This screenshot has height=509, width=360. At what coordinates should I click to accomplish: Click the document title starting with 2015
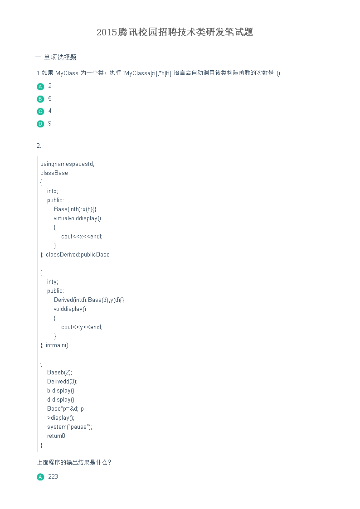175,32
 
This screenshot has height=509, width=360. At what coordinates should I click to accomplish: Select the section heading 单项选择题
60,58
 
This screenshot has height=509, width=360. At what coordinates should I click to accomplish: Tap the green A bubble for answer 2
40,87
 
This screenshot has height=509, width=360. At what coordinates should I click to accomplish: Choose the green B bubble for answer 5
40,99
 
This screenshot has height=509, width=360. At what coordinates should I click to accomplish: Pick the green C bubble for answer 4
40,111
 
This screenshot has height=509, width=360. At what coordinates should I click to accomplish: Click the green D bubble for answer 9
40,124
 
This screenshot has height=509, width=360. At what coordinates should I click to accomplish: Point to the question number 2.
39,146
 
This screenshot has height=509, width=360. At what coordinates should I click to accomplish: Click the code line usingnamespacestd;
67,164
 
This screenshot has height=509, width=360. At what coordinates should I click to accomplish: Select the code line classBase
54,173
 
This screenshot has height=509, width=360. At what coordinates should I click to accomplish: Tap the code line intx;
53,191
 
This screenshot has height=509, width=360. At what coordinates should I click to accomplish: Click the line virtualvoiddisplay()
77,218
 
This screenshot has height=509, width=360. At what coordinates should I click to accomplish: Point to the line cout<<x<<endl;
82,237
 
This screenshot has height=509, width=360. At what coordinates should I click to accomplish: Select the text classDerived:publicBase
78,255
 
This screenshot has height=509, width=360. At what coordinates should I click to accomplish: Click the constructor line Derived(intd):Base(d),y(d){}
89,300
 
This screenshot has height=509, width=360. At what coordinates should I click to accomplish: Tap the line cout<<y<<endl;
82,327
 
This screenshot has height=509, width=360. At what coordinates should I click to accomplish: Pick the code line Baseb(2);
60,372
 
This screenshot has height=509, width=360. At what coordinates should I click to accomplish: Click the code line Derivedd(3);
62,382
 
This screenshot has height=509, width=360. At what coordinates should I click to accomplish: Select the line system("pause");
69,427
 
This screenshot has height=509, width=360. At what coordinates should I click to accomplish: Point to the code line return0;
57,436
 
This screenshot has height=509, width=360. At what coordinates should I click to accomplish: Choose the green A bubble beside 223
40,477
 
